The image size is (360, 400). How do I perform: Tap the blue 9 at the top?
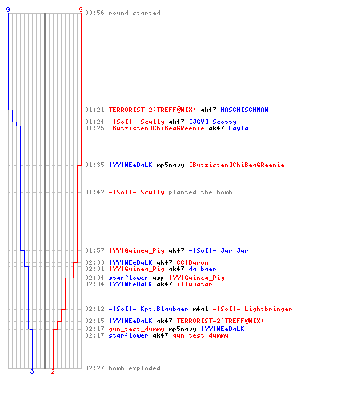8,10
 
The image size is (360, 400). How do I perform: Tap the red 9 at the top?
81,10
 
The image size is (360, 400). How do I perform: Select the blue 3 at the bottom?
32,371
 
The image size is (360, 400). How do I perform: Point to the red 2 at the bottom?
53,371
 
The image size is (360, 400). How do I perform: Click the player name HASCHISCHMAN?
244,110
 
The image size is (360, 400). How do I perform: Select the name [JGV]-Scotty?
213,122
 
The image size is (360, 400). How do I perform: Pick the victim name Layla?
238,128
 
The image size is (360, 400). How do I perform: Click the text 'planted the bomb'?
200,192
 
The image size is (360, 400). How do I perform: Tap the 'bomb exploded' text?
134,368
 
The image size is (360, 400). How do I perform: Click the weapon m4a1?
200,309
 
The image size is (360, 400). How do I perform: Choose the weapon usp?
158,278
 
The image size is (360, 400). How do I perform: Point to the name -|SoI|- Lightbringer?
252,309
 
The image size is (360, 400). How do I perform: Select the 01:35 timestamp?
94,165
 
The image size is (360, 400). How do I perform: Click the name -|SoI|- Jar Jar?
218,250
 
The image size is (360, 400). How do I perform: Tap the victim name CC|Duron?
192,262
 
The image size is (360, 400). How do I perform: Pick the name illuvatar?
194,284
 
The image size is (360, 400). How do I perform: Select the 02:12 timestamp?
94,309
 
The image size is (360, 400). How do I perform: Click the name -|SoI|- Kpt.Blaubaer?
148,309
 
